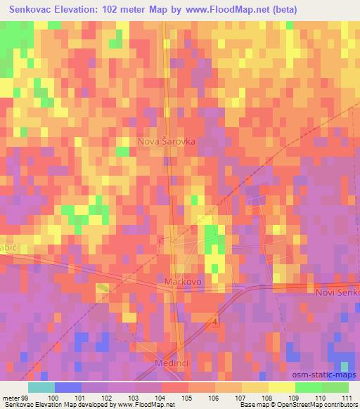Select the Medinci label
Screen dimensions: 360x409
pyautogui.click(x=170, y=363)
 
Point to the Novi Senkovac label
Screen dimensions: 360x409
pyautogui.click(x=337, y=292)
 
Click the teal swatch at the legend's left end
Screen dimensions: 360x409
pyautogui.click(x=41, y=387)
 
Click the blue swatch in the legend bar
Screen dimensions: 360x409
pyautogui.click(x=67, y=387)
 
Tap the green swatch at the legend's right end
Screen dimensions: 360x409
pyautogui.click(x=335, y=387)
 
